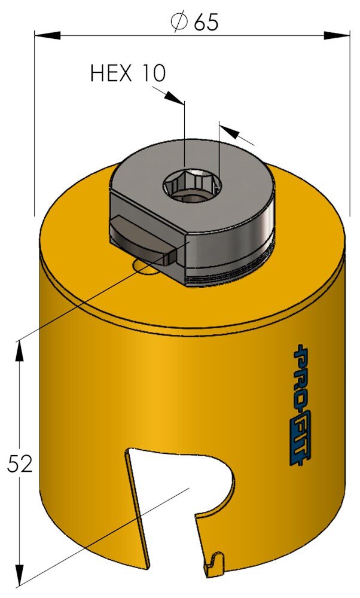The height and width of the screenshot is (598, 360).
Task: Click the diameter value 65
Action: (x=206, y=23)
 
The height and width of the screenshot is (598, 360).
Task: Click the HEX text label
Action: (x=111, y=73)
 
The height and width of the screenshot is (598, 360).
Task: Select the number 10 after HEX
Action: (x=152, y=73)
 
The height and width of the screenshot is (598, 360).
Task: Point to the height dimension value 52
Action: (x=20, y=464)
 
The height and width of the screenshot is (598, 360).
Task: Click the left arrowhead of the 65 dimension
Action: (x=47, y=36)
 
